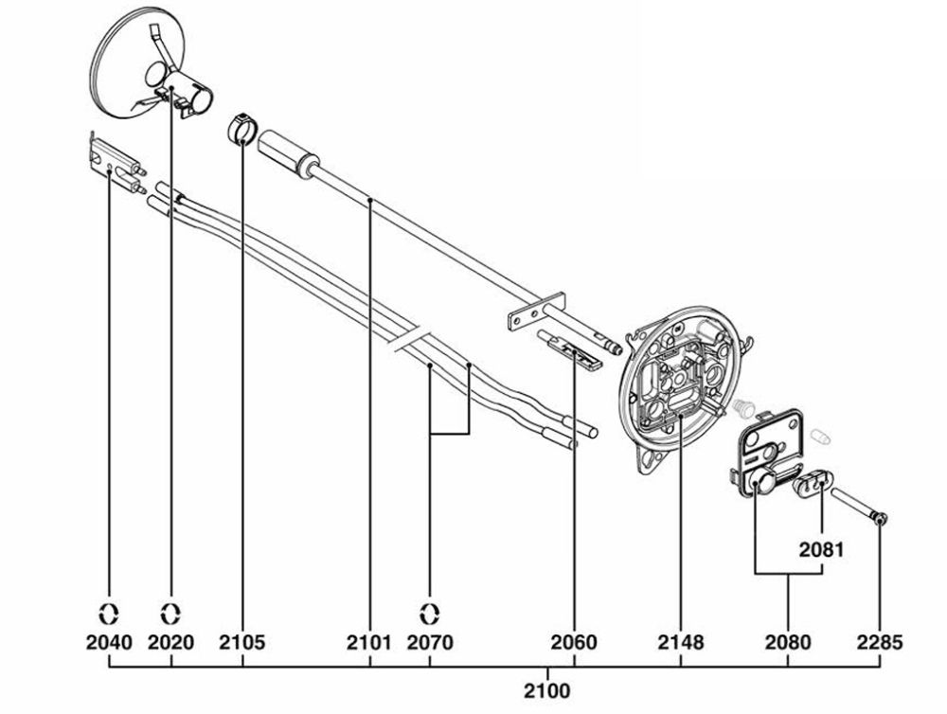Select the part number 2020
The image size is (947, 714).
pos(171,643)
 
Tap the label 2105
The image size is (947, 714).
pos(242,643)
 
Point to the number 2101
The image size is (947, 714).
pos(369,643)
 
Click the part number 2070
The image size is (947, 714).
pos(430,643)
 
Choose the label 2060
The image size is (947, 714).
pos(574,643)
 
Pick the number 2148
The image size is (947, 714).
pos(681,643)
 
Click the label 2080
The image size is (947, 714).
pos(788,643)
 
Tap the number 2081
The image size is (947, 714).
pos(820,548)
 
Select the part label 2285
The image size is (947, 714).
pos(881,643)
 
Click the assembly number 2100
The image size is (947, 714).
pos(546,689)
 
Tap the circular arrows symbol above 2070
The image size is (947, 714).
pos(430,610)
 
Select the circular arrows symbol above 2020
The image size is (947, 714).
pos(171,610)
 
